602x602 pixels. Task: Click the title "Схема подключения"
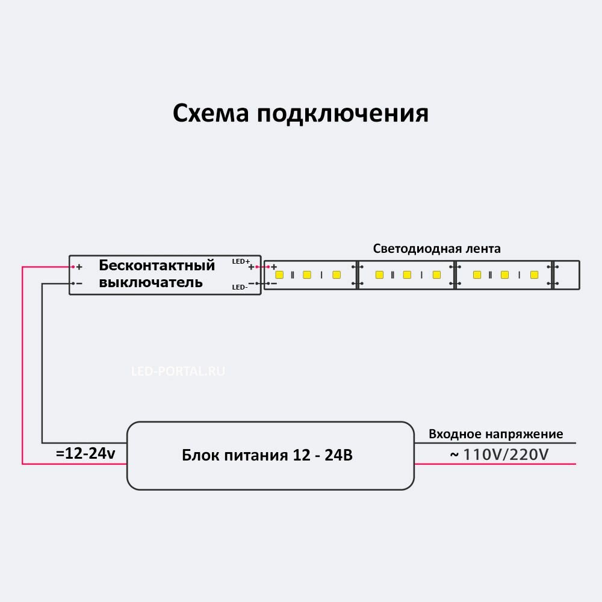click(300, 113)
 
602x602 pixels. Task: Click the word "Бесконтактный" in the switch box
click(157, 265)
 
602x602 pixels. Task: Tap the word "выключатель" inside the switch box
click(150, 282)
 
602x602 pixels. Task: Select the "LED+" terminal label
click(240, 262)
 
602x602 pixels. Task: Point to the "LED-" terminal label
click(240, 287)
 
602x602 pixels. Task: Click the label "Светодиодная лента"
click(436, 249)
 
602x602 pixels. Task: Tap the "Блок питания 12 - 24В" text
click(267, 455)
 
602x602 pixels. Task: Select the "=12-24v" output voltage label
click(85, 454)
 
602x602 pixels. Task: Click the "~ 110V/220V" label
click(499, 454)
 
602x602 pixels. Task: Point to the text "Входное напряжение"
click(495, 434)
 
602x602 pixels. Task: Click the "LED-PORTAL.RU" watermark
click(178, 371)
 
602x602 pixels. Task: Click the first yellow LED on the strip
click(279, 275)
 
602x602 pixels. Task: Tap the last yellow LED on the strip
click(534, 275)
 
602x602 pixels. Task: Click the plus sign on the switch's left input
click(79, 267)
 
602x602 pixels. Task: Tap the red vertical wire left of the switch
click(22, 361)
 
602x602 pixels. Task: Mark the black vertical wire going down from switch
click(42, 361)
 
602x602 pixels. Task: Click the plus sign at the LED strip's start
click(274, 267)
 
